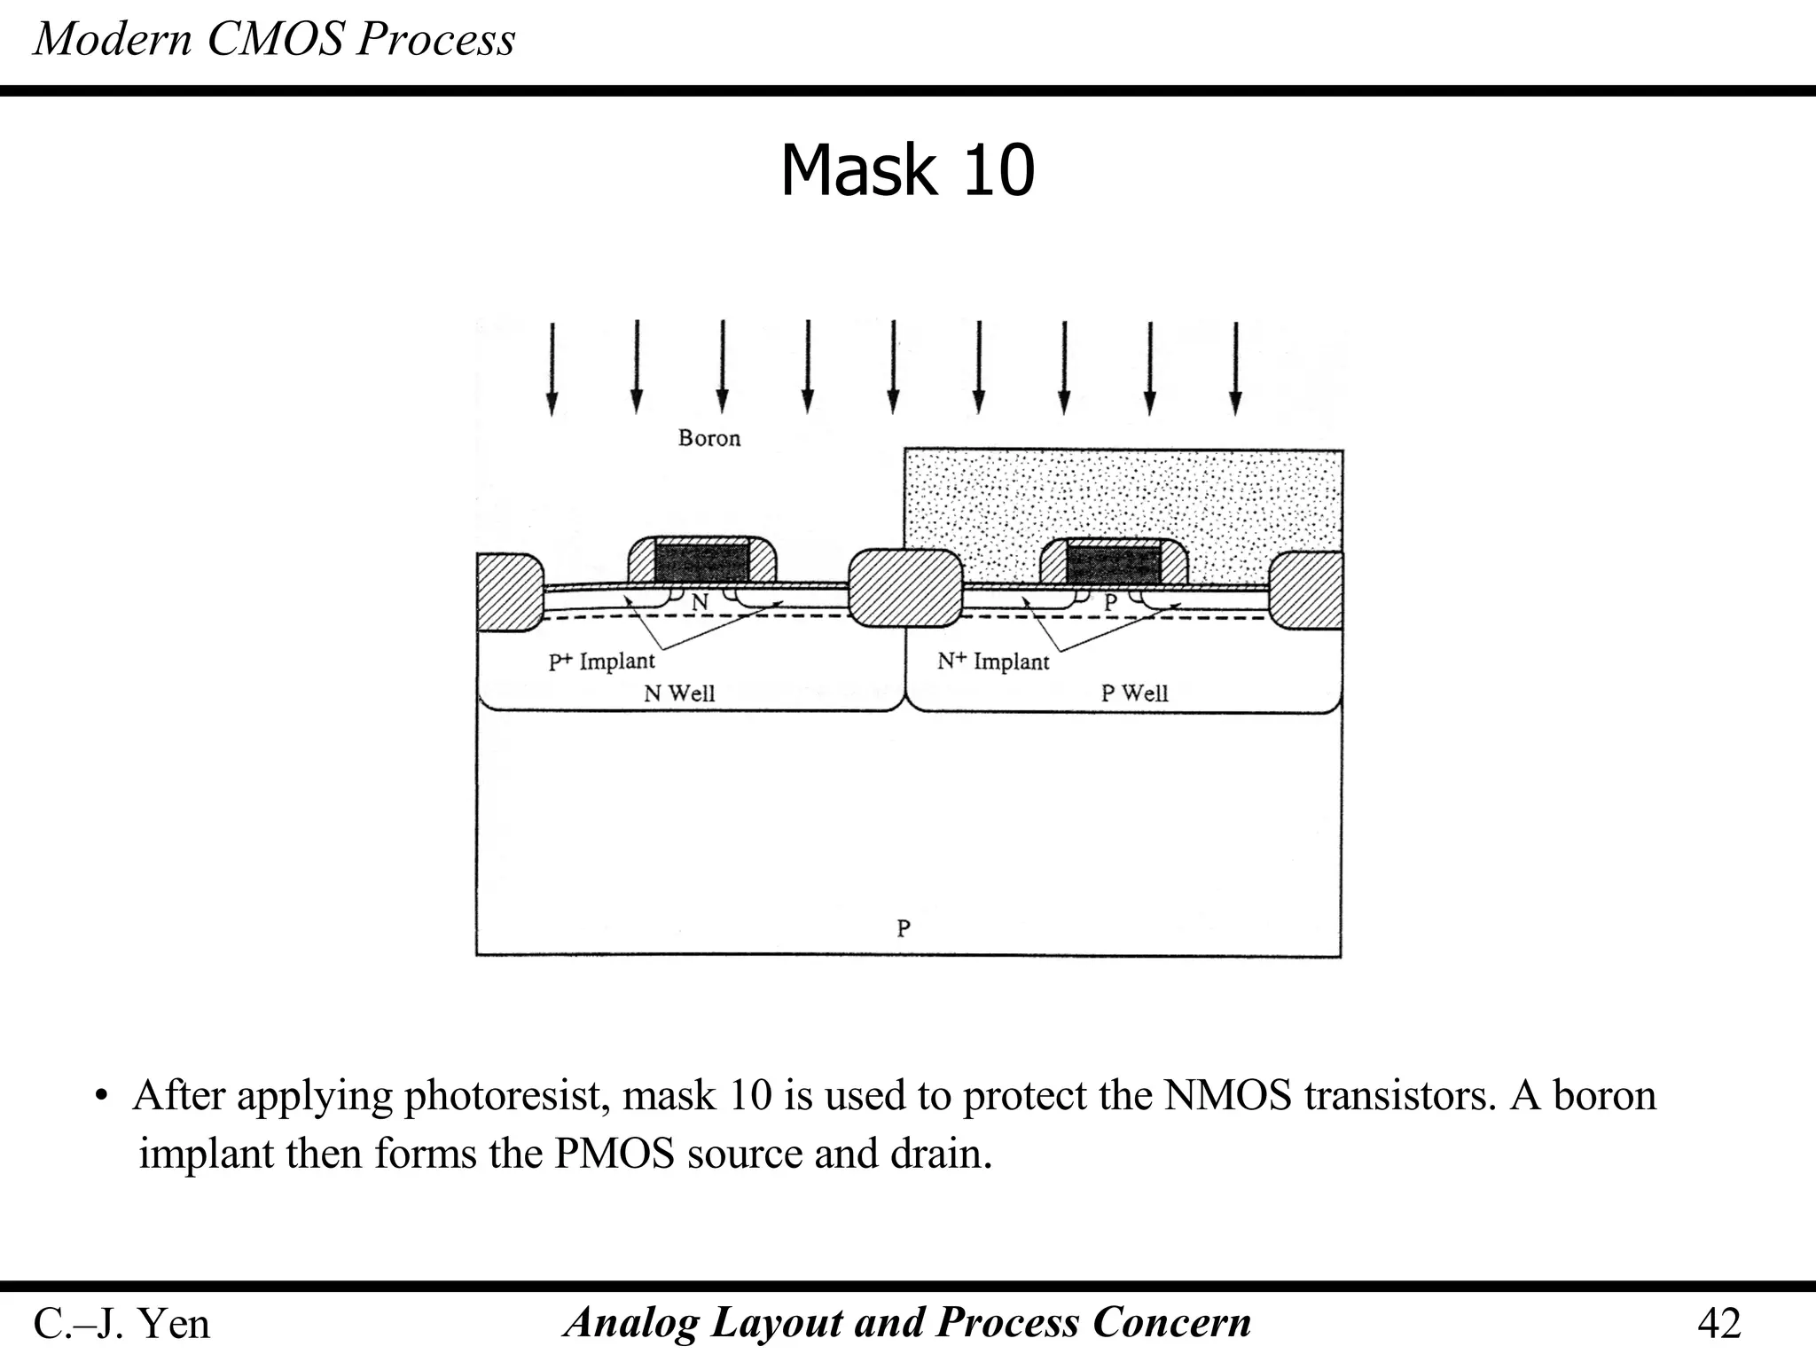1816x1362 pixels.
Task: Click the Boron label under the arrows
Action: [708, 438]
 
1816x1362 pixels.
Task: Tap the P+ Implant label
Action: [601, 661]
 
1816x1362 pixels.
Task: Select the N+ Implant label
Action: [993, 661]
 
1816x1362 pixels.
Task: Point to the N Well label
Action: [678, 693]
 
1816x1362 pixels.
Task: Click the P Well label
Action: [1134, 693]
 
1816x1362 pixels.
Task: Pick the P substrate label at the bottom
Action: [903, 928]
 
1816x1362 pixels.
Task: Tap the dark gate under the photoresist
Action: [1113, 564]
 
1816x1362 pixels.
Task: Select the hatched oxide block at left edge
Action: [507, 591]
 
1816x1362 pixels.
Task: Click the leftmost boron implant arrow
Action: [552, 368]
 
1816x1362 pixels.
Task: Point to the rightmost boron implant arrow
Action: [1235, 368]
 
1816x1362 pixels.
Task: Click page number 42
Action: [1718, 1324]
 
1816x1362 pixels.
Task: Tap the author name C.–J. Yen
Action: [121, 1324]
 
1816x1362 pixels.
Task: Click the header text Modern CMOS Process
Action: [274, 39]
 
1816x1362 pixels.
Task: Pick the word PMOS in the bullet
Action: [614, 1154]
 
